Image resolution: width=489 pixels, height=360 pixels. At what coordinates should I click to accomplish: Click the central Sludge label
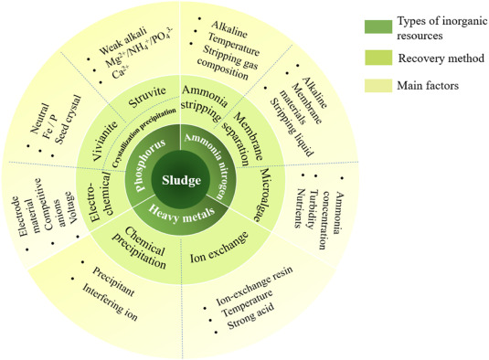coord(183,181)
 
